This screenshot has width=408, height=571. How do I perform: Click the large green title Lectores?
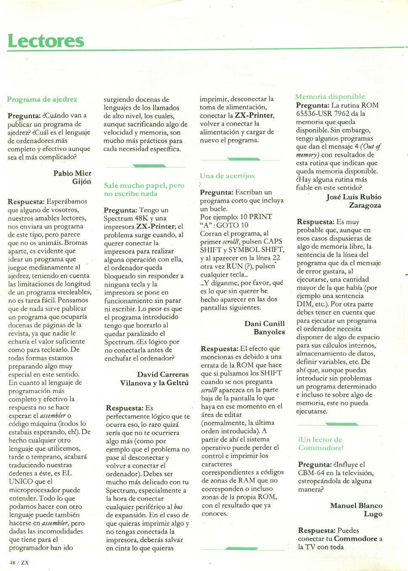click(46, 41)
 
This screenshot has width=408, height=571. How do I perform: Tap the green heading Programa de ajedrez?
click(42, 100)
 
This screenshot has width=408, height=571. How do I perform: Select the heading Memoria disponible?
click(330, 97)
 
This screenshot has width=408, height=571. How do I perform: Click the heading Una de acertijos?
click(227, 176)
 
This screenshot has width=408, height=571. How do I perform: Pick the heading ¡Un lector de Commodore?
click(321, 444)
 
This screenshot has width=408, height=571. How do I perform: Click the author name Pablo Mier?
click(72, 173)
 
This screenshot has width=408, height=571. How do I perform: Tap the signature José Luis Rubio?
click(354, 197)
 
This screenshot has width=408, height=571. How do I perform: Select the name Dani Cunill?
click(265, 324)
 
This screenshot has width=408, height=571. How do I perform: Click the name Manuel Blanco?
click(356, 505)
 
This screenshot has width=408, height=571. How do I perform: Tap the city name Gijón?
click(82, 182)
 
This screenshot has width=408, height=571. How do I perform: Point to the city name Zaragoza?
click(365, 205)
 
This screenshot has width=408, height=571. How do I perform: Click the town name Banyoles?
click(269, 332)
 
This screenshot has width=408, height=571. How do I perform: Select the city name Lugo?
click(373, 514)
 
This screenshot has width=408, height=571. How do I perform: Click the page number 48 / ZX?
click(19, 563)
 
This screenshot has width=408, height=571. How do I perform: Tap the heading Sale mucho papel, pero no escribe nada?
click(144, 189)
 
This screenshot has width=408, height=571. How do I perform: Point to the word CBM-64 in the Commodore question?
click(311, 473)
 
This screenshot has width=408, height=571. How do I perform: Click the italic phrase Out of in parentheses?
click(371, 147)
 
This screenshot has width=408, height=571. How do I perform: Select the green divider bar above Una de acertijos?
click(243, 159)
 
